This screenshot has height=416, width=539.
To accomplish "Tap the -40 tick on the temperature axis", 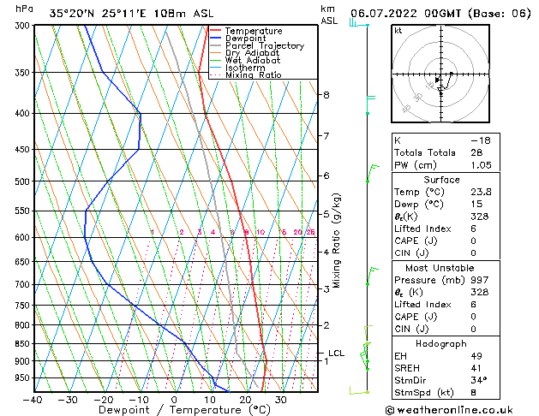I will [x=34, y=400].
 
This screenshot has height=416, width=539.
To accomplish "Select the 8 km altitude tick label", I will [x=326, y=95].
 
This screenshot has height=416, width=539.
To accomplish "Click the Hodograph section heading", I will [x=442, y=343].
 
